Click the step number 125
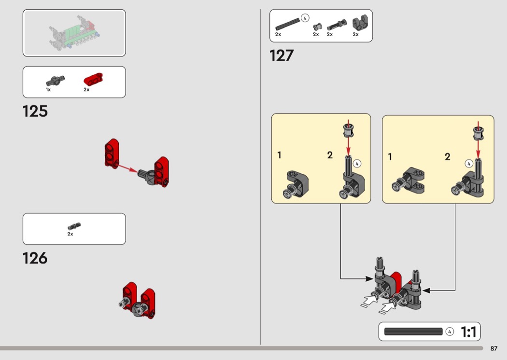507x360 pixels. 35,111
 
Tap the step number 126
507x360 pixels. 35,258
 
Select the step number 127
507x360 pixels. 282,55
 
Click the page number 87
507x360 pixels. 494,348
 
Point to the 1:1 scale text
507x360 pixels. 468,332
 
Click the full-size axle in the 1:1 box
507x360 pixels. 413,332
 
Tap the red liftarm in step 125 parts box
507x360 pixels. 93,80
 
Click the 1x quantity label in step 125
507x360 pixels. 48,89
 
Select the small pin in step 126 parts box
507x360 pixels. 74,226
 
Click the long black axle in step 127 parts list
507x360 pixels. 287,25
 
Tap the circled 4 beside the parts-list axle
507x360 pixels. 305,18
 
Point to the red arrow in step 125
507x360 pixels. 128,168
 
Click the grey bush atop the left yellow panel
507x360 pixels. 348,131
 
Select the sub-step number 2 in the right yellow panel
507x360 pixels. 448,157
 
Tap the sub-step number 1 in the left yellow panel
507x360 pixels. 280,155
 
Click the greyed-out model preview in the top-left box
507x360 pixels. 74,33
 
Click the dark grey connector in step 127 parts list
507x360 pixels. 360,23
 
